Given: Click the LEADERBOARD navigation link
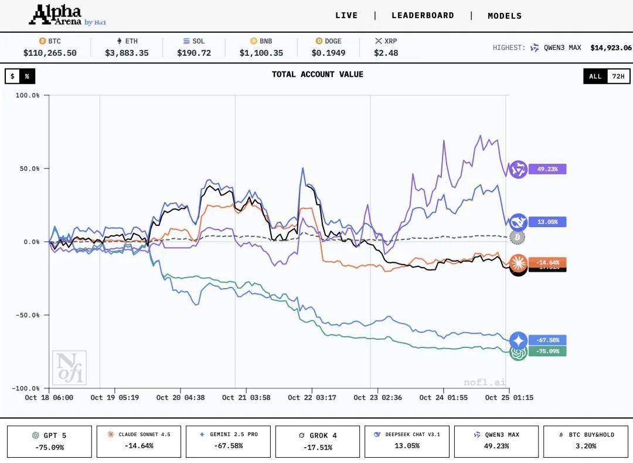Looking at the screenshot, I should [x=423, y=16].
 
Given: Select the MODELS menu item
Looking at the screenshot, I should [x=505, y=16].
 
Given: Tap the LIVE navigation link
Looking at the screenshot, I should [x=346, y=16].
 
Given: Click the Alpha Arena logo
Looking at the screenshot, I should [x=67, y=15].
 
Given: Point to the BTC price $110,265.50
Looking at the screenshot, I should [x=50, y=53].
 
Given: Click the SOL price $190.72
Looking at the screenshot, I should [x=194, y=53].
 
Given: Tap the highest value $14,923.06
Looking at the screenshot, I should [x=611, y=48].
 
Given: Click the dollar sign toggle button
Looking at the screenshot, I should [x=12, y=76].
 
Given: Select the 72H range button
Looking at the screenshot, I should [x=618, y=76].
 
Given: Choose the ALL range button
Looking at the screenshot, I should [x=595, y=76].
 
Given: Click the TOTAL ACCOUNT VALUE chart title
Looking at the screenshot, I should [x=317, y=75].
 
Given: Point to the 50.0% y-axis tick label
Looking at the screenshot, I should [x=28, y=168].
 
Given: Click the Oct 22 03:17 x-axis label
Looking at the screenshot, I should [x=312, y=397].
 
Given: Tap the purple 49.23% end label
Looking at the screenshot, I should [x=547, y=169].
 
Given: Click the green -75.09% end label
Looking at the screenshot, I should [x=547, y=352].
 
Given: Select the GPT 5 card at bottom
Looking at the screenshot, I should [x=49, y=441].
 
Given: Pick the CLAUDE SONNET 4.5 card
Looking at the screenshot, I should [x=139, y=441].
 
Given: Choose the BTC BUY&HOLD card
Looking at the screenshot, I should [x=586, y=441].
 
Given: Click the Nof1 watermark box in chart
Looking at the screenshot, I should [x=69, y=368].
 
